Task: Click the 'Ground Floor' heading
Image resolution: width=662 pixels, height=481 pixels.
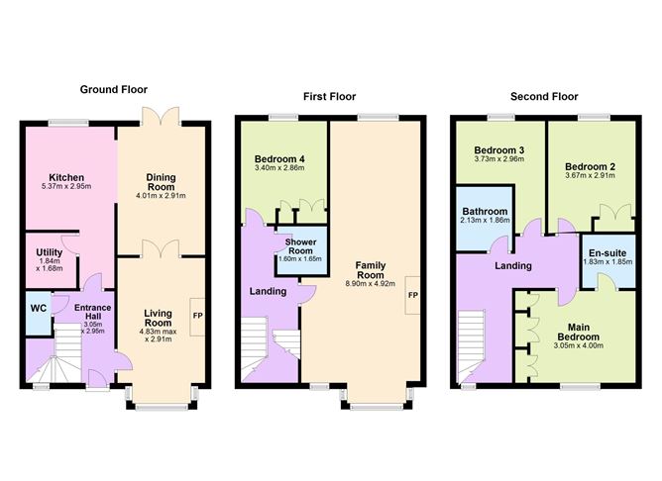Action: pyautogui.click(x=113, y=89)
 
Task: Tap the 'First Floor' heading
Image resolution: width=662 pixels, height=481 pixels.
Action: pyautogui.click(x=329, y=96)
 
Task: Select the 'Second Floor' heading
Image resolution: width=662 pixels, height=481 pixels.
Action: pyautogui.click(x=544, y=96)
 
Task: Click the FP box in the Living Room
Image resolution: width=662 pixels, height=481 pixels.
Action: pyautogui.click(x=198, y=317)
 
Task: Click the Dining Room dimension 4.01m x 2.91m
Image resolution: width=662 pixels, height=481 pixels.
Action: pyautogui.click(x=160, y=196)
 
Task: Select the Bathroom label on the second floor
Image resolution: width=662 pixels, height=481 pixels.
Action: pyautogui.click(x=486, y=212)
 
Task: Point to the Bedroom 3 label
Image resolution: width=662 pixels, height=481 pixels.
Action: pyautogui.click(x=497, y=149)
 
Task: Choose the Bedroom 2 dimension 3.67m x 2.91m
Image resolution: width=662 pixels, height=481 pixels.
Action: pyautogui.click(x=591, y=176)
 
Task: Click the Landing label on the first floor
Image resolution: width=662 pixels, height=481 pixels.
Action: pyautogui.click(x=269, y=291)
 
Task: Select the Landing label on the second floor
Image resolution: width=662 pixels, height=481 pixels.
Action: pyautogui.click(x=512, y=265)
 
